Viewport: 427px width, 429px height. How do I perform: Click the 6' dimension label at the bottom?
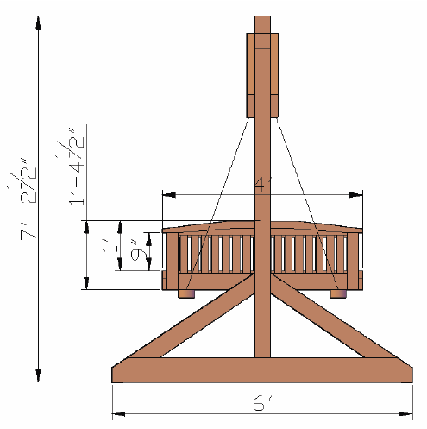(x=264, y=403)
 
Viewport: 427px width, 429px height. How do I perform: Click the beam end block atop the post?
(x=263, y=75)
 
